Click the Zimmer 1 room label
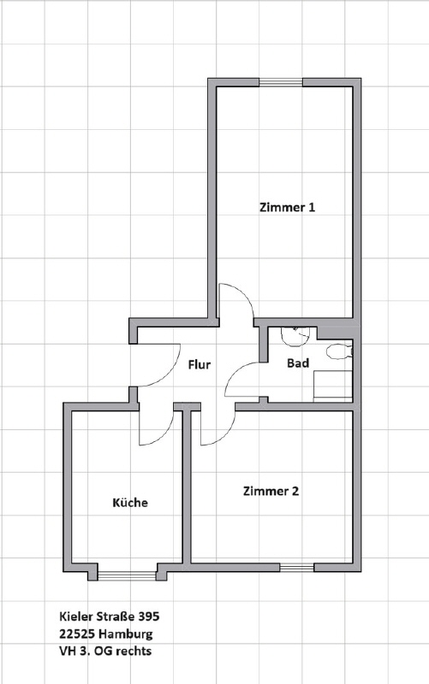(x=287, y=207)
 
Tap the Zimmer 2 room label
(x=271, y=491)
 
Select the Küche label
(x=130, y=503)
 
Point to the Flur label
(x=200, y=364)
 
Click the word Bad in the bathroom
(x=298, y=363)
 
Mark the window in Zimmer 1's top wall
(x=281, y=82)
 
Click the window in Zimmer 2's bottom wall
(x=296, y=568)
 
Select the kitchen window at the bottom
(x=127, y=575)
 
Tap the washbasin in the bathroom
(x=295, y=336)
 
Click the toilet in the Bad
(x=339, y=351)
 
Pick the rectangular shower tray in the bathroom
(x=333, y=386)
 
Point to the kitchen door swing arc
(x=163, y=434)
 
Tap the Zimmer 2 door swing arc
(x=225, y=434)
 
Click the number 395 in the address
(x=149, y=616)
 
